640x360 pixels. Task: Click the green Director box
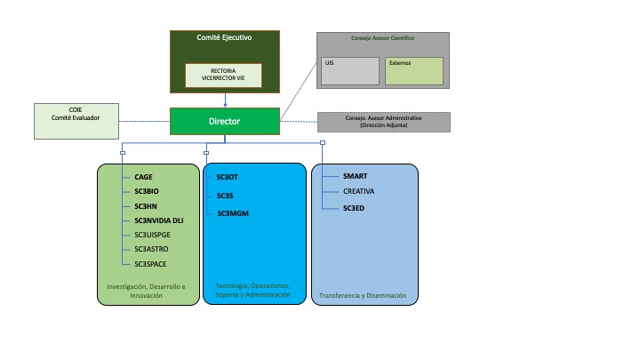click(225, 121)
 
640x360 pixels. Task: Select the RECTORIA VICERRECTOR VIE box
click(223, 75)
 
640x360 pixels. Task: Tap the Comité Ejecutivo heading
click(224, 37)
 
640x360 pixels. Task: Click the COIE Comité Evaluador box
click(76, 121)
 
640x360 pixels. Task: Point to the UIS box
click(350, 71)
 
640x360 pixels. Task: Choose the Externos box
click(414, 71)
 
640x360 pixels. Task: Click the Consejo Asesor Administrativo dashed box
click(384, 122)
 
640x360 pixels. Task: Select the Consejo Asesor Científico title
click(382, 38)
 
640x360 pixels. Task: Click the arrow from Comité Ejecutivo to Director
click(225, 100)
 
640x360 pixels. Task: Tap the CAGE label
click(143, 177)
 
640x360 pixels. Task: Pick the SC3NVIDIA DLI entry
click(159, 220)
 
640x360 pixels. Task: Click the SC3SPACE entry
click(150, 264)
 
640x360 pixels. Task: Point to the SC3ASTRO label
click(151, 249)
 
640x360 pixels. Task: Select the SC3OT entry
click(227, 177)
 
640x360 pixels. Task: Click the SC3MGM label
click(233, 213)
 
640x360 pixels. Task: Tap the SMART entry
click(355, 176)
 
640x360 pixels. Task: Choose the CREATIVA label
click(358, 191)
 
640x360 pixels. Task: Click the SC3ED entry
click(354, 208)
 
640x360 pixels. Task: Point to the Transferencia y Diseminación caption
click(363, 295)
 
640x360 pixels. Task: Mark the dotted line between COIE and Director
click(145, 121)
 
